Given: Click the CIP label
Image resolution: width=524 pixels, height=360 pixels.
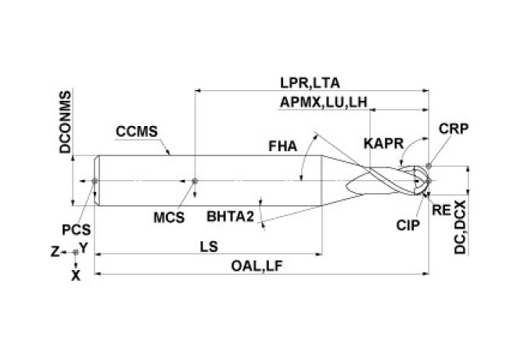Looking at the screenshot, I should click(x=408, y=225).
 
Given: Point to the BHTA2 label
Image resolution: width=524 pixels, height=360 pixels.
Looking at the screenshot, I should click(x=231, y=215).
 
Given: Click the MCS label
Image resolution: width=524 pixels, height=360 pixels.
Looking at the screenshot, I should click(x=168, y=217).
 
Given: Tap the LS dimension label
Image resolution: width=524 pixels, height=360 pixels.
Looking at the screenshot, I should click(x=208, y=246).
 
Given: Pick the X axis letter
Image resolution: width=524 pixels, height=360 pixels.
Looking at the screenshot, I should click(x=75, y=275).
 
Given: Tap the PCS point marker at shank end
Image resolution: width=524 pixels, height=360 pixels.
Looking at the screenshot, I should click(x=95, y=181).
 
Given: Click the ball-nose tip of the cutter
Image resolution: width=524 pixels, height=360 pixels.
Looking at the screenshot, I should click(x=429, y=181).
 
